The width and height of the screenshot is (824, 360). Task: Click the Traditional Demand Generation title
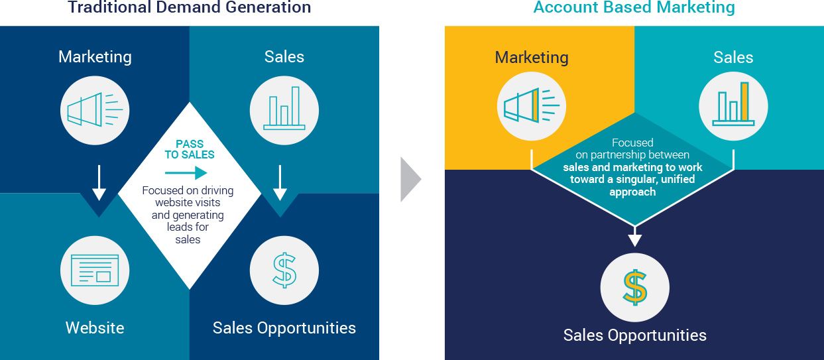190,7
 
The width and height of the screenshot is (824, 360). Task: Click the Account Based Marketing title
634,7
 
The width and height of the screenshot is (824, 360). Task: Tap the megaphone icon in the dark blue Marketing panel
95,110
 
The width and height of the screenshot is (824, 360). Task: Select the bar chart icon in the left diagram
284,110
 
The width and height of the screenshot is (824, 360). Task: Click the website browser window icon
95,270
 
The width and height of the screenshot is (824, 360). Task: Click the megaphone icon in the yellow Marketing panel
532,106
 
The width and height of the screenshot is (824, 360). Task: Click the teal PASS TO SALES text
190,149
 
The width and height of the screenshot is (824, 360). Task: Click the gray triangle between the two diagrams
410,179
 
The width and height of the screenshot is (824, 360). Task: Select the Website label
95,328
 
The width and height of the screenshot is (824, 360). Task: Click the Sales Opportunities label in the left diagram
284,328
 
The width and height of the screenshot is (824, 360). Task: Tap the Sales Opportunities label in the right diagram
634,335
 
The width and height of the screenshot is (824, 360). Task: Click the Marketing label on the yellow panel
532,58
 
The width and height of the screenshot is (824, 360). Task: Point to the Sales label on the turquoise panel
733,58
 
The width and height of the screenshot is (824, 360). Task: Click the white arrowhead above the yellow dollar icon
634,240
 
